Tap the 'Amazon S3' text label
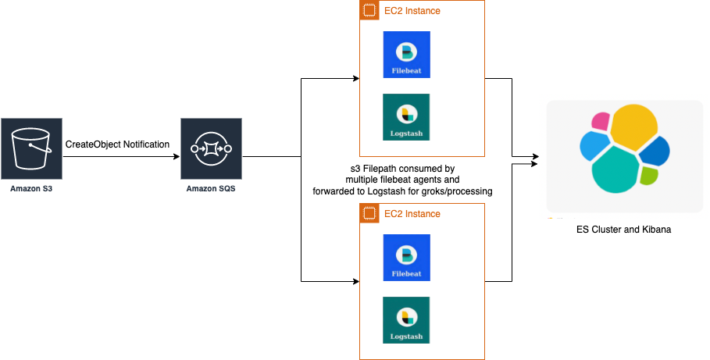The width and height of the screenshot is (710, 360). coord(31,188)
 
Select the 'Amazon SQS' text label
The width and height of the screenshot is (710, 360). coord(211,188)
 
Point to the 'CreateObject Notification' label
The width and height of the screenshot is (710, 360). coord(117,144)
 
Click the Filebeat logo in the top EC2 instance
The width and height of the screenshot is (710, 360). coord(406,55)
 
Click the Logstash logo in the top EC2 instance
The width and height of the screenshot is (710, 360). coord(406,117)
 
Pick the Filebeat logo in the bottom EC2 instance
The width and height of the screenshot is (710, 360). coord(406,258)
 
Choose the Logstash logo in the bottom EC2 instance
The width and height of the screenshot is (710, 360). coord(406,319)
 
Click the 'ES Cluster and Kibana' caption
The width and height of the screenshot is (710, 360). coord(624,230)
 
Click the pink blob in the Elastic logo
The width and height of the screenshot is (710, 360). coord(601,121)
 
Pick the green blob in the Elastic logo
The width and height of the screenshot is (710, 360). coord(649,176)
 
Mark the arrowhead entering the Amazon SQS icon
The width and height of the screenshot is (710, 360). coord(176,156)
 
